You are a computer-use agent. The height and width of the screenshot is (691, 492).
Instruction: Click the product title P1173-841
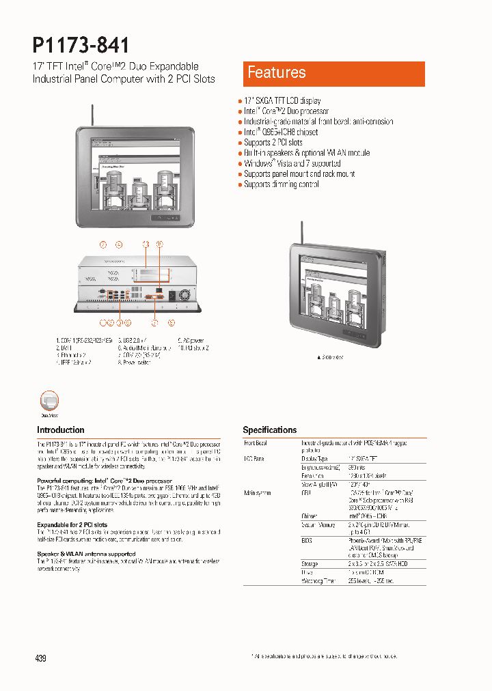point(81,45)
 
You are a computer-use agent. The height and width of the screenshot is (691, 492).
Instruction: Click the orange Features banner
point(333,73)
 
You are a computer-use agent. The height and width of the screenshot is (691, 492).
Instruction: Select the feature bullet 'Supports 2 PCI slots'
point(273,143)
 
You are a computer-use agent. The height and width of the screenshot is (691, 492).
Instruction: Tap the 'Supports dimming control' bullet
point(281,184)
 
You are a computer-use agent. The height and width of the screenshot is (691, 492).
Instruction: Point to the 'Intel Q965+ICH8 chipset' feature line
point(281,132)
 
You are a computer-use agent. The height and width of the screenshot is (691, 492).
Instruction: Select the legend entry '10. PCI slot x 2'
point(193,348)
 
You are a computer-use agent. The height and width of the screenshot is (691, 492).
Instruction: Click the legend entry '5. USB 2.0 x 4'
point(133,339)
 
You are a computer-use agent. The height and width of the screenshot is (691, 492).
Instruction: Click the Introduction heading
point(61,430)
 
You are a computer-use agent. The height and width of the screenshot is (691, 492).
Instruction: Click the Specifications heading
point(270,430)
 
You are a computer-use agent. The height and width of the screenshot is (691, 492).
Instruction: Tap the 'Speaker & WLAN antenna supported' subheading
point(86,554)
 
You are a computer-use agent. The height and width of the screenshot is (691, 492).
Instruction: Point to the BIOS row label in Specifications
point(251,539)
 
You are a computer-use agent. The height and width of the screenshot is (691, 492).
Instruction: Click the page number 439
point(40,658)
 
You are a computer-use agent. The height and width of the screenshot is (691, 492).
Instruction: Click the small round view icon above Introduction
point(49,401)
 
